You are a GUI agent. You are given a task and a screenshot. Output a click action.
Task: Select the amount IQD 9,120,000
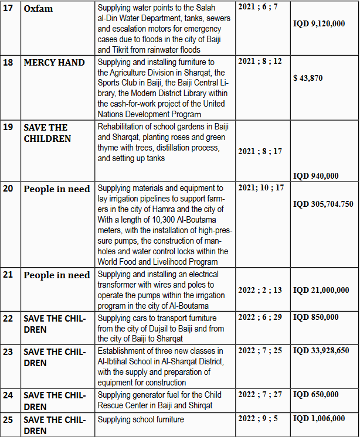(318, 23)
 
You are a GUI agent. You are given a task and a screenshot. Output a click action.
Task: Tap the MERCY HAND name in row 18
(54, 63)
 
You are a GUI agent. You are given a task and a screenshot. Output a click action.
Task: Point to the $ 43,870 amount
(307, 78)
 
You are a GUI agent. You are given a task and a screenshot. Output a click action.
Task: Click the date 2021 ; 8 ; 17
(260, 151)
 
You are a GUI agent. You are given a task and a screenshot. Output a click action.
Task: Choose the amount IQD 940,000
(315, 176)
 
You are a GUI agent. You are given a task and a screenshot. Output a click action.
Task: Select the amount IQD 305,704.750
(323, 204)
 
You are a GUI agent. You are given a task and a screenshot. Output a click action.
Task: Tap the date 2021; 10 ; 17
(261, 188)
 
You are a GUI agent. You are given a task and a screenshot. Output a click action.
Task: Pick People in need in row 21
(57, 275)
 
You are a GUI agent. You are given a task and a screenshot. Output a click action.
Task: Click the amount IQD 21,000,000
(321, 290)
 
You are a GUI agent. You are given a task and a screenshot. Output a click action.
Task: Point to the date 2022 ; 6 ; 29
(260, 317)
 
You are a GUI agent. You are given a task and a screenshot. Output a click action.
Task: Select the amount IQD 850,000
(315, 317)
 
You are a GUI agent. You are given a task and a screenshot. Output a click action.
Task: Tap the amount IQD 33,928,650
(321, 350)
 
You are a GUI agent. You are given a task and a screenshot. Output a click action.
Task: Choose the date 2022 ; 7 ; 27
(260, 394)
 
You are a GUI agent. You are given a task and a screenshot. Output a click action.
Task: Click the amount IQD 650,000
(315, 394)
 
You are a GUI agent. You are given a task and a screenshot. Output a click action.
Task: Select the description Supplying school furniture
(141, 419)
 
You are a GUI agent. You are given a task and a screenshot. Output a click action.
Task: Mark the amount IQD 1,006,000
(318, 419)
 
